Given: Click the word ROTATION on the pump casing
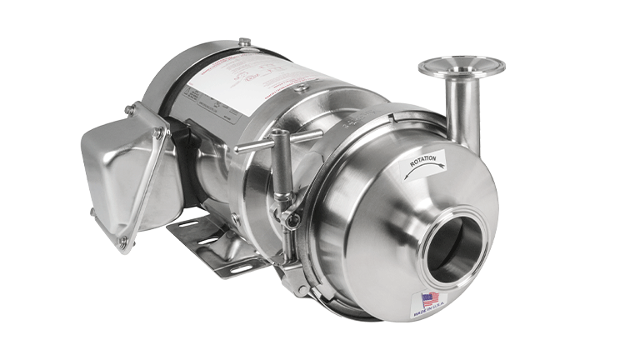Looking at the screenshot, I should point(423,163).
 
